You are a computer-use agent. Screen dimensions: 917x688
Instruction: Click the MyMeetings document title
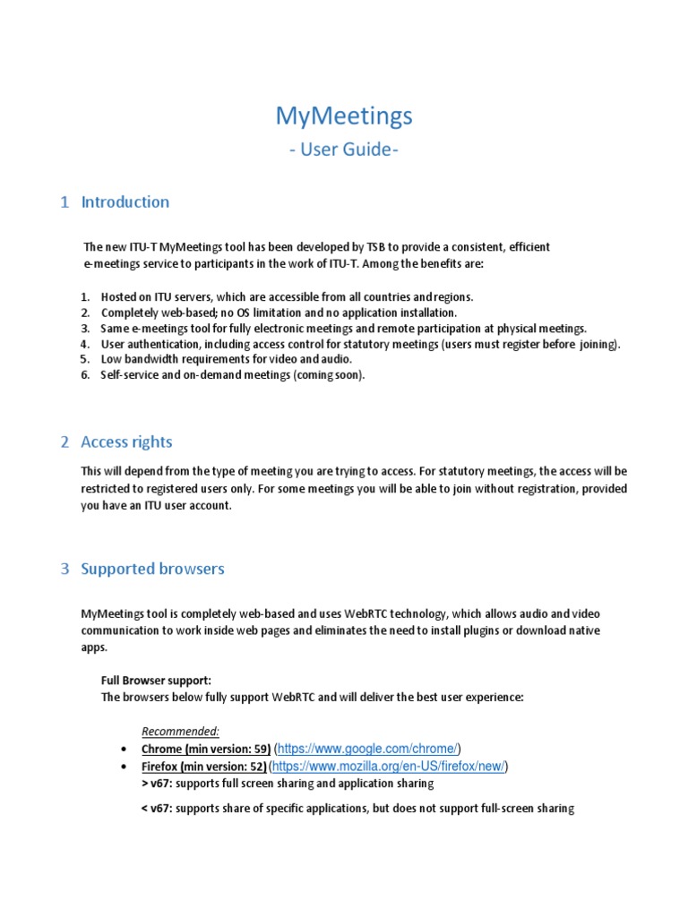coord(343,116)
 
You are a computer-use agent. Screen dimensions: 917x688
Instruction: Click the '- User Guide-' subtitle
coord(343,150)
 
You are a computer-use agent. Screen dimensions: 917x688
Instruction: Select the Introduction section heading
coord(125,201)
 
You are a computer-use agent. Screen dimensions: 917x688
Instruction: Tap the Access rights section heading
coord(126,441)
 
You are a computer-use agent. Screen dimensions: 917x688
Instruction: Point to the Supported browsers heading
coord(152,569)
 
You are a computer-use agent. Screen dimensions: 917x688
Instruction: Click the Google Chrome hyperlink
coord(368,749)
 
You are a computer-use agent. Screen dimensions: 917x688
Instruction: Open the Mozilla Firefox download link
coord(388,767)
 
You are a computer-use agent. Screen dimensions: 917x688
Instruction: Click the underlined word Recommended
coord(180,731)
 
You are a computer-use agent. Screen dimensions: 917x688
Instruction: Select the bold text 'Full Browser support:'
coord(156,681)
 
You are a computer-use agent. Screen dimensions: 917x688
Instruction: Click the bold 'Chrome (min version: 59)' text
coord(206,749)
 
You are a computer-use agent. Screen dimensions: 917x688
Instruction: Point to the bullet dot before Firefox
coord(123,767)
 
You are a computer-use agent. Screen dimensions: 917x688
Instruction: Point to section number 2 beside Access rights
coord(64,441)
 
